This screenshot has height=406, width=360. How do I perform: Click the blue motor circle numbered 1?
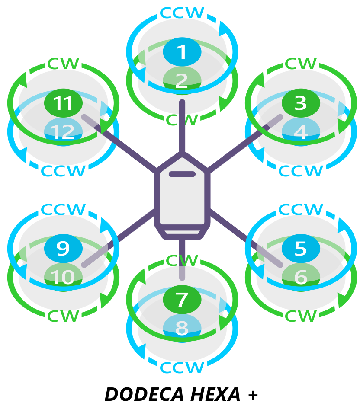182,51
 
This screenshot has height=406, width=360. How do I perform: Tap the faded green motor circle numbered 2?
182,80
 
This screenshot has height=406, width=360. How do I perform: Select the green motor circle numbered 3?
301,103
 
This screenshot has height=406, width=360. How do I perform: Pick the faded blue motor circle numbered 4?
301,131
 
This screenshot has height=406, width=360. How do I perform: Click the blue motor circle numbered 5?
301,248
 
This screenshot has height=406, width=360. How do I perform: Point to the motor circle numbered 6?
301,277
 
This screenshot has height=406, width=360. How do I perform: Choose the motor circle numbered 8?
182,328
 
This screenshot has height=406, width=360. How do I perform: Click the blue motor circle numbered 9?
63,248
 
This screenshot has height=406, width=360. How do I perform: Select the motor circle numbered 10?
63,277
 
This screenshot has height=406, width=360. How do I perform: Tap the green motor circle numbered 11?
63,103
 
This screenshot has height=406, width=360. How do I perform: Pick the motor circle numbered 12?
63,131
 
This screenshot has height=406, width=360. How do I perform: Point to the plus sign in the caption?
253,395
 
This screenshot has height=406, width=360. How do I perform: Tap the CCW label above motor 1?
182,13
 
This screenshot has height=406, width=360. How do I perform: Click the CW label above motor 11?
63,64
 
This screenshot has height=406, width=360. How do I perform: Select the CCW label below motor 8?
182,368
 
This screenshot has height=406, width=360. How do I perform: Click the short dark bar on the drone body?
182,174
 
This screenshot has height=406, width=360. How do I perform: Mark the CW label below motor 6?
301,316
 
